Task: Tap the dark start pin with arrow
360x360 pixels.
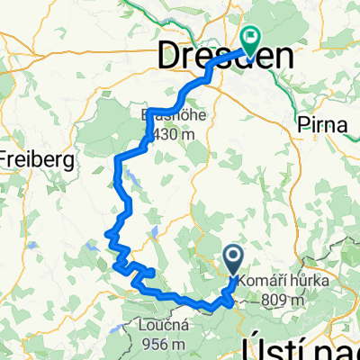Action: click(232, 260)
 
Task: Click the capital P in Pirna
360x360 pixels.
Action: click(299, 126)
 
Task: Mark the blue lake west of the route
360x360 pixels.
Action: click(93, 242)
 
